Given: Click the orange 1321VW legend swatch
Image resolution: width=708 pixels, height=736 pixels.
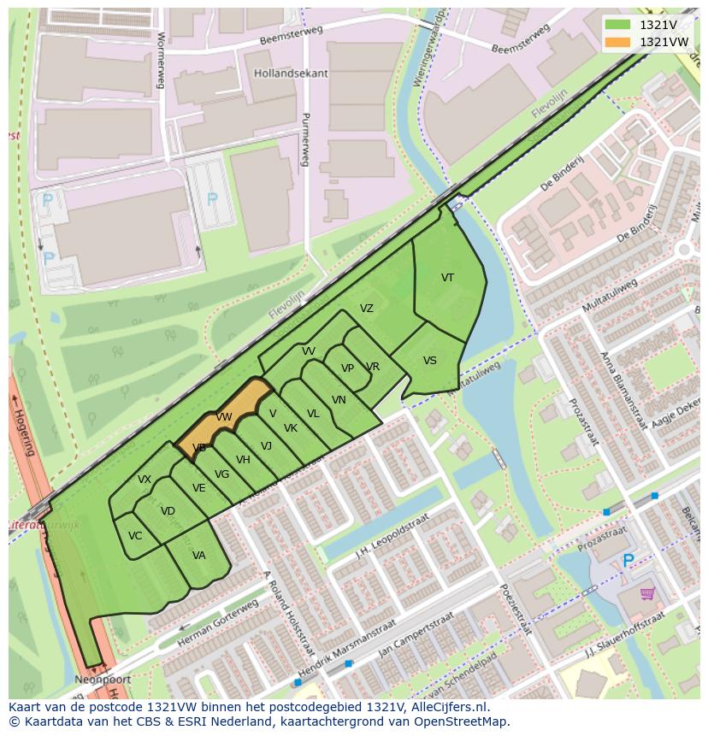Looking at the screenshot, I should (x=618, y=42).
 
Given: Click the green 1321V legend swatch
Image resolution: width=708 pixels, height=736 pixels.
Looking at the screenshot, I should (x=618, y=25).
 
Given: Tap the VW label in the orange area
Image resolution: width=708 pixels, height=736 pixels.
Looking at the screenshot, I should (x=224, y=417).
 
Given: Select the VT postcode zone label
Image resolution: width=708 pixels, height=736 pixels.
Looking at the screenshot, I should (x=447, y=278).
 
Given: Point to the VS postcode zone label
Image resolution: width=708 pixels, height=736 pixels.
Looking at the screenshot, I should (x=430, y=361).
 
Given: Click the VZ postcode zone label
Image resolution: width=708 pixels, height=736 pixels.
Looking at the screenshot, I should (x=367, y=309).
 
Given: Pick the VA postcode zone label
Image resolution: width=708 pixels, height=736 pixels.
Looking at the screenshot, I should (x=199, y=556).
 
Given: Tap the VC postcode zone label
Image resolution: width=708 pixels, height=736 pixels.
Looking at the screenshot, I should (x=135, y=536).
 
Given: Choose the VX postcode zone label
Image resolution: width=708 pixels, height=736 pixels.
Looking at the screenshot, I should (x=145, y=480).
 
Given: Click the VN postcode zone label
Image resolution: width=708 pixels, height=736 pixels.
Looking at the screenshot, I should (x=339, y=400).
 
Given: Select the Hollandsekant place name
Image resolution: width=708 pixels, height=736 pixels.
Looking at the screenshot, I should (x=291, y=74).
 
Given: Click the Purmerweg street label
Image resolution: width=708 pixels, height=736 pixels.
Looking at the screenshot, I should (x=305, y=141).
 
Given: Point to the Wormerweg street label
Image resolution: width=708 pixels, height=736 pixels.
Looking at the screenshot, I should (x=160, y=61).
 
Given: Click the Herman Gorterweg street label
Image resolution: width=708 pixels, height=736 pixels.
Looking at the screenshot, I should (x=218, y=622).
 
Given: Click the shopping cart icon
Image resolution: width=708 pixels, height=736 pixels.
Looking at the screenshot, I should (x=646, y=592).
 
